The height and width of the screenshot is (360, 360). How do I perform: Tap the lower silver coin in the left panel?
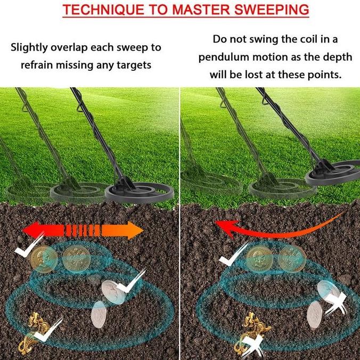[100, 314]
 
